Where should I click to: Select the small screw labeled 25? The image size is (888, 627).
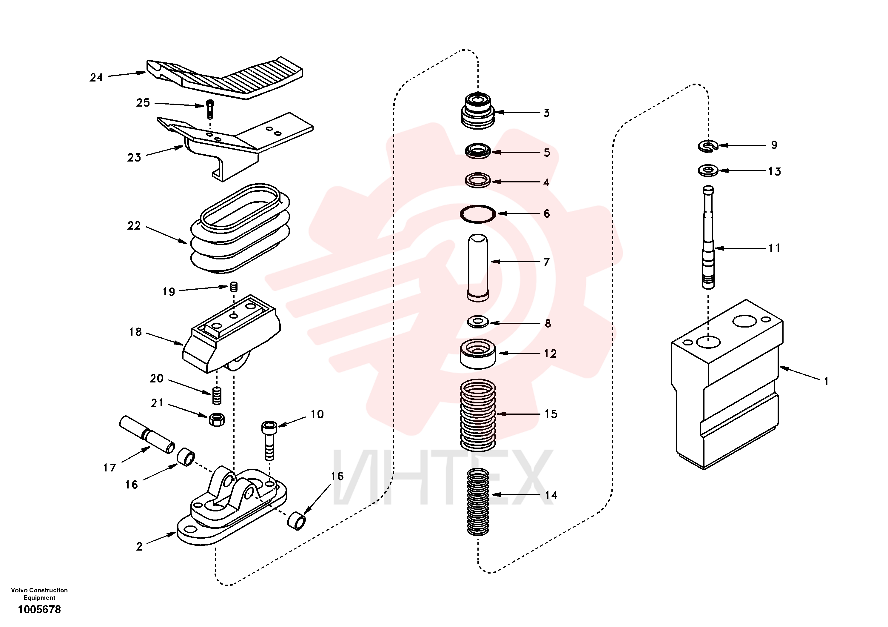210,110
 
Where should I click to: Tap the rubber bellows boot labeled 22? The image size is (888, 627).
240,228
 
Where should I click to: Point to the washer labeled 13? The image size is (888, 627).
708,170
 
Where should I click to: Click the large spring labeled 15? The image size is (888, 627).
478,415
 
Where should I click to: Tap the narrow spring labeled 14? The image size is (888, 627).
478,502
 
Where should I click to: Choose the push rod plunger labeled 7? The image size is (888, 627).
478,268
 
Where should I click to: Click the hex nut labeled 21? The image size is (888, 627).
217,419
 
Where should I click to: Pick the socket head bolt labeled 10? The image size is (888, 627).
269,440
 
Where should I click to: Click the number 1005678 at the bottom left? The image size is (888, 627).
39,610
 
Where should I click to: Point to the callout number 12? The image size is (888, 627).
550,354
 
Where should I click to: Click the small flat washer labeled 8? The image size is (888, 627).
478,322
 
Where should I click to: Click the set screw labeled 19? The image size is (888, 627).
233,287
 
